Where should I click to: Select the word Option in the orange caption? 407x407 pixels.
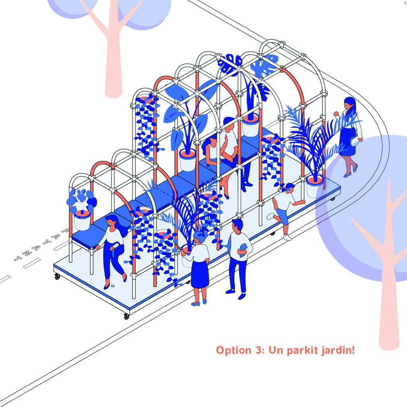pos(232,351)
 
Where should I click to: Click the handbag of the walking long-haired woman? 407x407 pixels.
pos(354,140)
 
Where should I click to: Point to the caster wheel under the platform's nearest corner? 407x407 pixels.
pos(126,317)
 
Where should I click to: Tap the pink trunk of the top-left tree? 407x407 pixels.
pos(114,60)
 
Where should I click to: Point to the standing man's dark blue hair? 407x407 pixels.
pos(237,225)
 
